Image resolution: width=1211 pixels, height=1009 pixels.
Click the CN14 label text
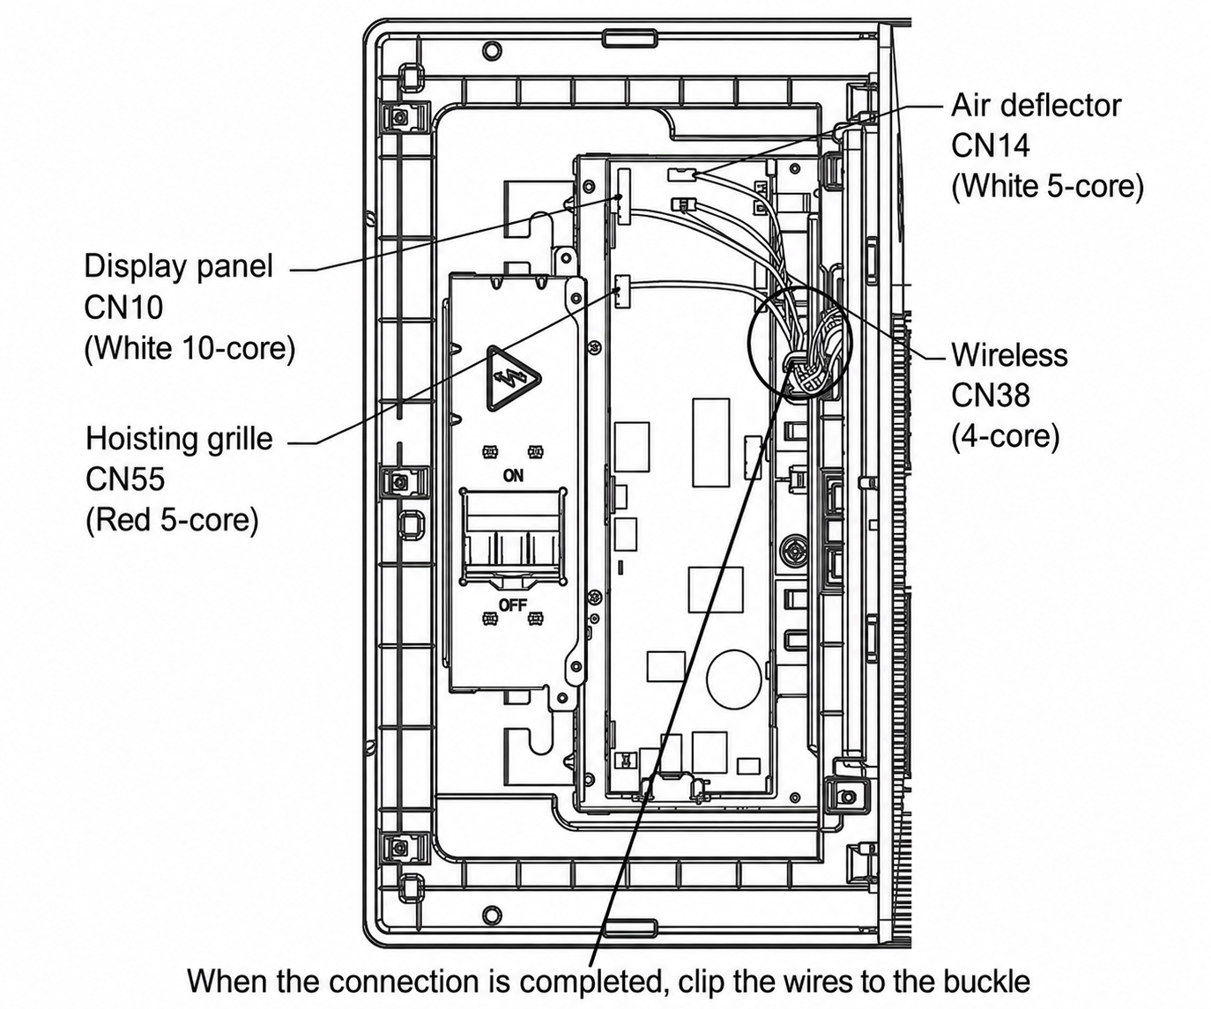tap(990, 145)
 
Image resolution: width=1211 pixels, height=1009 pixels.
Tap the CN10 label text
tap(123, 307)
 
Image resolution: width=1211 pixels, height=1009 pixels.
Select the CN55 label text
tap(125, 479)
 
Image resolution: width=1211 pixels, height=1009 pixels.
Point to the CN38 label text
tap(991, 395)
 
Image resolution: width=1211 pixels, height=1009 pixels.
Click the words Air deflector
tap(1036, 106)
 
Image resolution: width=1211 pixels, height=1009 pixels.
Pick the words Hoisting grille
tap(179, 438)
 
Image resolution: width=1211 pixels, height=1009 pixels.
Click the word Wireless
tap(1009, 355)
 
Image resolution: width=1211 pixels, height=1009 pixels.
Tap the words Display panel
tap(179, 267)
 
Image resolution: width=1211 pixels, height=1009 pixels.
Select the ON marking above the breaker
tap(513, 476)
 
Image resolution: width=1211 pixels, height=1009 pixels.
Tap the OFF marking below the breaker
tap(513, 605)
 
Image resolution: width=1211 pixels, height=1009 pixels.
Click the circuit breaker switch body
tap(513, 538)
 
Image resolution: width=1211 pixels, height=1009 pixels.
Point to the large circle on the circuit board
tap(733, 678)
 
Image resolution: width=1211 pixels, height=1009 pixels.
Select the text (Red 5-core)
tap(172, 520)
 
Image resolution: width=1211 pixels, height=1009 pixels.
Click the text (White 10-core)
tap(190, 348)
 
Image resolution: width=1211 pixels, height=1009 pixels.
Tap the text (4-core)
tap(1006, 436)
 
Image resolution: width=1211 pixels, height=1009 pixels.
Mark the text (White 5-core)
tap(1047, 187)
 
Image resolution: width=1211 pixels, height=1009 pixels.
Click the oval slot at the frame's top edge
tap(629, 38)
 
